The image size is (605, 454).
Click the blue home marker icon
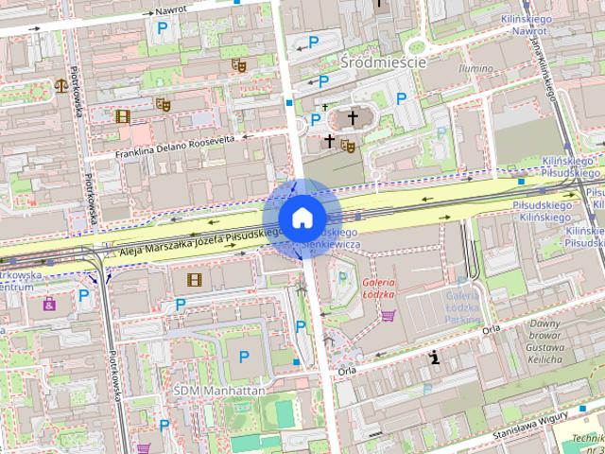[302, 218]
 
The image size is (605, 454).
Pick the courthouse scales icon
[62, 84]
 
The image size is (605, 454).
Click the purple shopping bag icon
[48, 305]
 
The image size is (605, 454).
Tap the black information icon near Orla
[434, 358]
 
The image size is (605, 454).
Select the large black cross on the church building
[354, 118]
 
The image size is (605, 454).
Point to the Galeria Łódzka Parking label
[463, 308]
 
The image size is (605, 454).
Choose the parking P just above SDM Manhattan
[244, 358]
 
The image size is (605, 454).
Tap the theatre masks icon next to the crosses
[347, 146]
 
